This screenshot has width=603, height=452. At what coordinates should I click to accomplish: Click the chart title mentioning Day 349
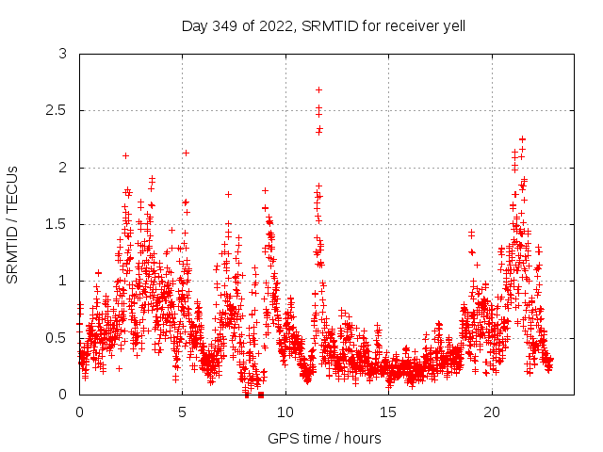(323, 25)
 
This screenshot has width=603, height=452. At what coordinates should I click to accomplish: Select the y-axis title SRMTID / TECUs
(12, 224)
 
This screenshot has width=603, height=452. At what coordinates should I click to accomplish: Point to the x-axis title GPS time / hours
(323, 438)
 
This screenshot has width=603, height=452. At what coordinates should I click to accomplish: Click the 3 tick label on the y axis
(62, 55)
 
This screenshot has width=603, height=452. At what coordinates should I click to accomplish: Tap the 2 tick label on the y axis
(62, 168)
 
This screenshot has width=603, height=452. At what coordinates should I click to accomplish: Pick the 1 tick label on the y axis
(62, 281)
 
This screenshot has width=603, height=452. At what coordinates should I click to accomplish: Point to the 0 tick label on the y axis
(62, 394)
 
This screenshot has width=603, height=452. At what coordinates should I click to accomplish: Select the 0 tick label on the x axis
(79, 412)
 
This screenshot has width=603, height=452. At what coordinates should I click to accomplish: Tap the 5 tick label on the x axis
(182, 412)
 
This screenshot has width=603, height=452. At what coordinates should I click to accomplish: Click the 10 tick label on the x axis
(285, 412)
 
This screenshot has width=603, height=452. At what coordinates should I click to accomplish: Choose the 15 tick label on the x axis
(388, 412)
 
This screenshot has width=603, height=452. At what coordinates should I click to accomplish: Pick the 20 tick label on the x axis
(492, 412)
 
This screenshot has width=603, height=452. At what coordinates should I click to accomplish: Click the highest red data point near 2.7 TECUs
(318, 89)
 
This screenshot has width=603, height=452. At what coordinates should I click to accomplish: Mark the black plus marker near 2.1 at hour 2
(125, 155)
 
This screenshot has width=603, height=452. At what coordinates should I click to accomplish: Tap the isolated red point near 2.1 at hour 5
(186, 153)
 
